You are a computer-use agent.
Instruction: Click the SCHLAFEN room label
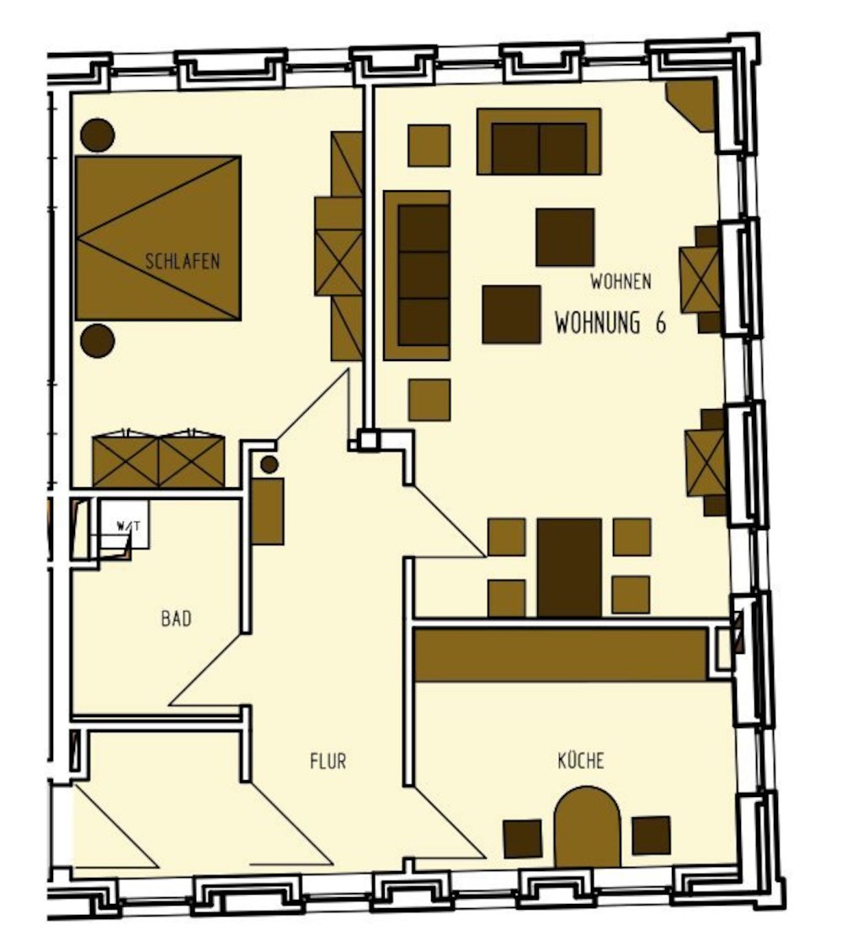point(182,261)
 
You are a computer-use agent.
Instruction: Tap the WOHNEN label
point(621,281)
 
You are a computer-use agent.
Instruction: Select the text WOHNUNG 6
point(610,323)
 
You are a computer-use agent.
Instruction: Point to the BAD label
point(176,619)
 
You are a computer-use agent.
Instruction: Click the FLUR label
point(328,762)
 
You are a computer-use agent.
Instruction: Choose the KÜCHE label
point(581,760)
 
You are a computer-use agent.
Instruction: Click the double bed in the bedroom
point(158,237)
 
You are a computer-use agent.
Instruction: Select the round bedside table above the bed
point(98,136)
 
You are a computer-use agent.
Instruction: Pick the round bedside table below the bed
point(98,341)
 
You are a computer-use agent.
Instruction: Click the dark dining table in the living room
point(569,568)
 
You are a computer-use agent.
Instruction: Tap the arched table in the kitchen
point(587,826)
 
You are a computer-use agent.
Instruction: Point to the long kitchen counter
point(561,655)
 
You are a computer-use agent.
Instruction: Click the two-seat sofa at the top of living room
point(539,141)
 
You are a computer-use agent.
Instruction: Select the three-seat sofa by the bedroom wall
point(417,276)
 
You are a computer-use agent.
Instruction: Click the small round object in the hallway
point(269,465)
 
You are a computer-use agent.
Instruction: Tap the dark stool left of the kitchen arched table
point(523,838)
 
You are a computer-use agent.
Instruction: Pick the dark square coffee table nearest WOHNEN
point(565,237)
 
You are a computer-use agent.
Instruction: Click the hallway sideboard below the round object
point(268,512)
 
